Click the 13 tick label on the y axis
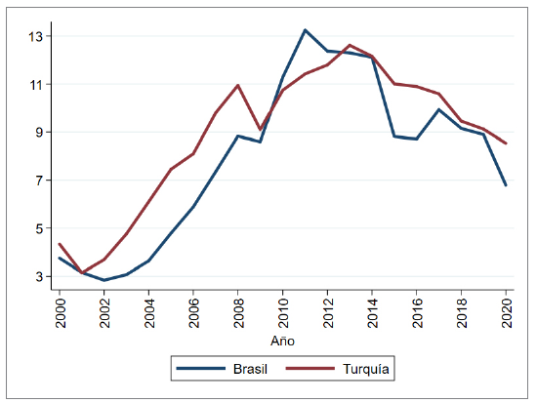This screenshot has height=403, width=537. click(x=36, y=37)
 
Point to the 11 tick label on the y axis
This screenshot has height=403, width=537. click(x=36, y=85)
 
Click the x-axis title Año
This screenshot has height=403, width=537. click(x=282, y=342)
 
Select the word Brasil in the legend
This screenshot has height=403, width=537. click(x=248, y=370)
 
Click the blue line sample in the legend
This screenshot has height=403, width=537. click(x=197, y=370)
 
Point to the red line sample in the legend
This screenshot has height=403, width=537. click(x=312, y=370)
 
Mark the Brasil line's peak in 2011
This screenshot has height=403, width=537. click(x=306, y=30)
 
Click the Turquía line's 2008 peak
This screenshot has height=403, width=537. click(x=238, y=85)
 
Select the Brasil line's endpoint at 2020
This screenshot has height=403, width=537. click(x=507, y=185)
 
